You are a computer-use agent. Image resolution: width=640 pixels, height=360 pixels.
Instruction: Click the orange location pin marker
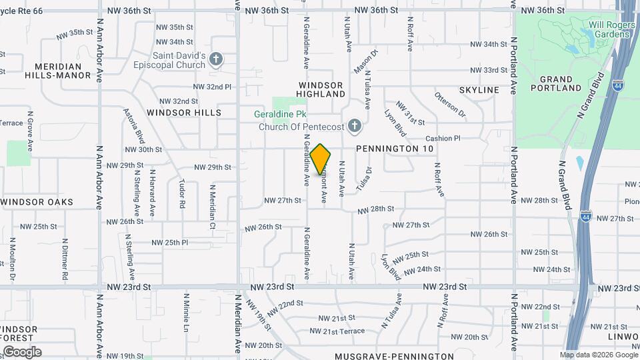[x=321, y=159]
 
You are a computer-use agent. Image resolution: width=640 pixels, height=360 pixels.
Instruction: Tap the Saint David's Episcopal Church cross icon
[x=215, y=60]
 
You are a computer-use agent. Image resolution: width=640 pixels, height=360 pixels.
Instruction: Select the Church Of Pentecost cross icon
[x=355, y=125]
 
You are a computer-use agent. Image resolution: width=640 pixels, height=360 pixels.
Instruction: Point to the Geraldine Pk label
[x=275, y=113]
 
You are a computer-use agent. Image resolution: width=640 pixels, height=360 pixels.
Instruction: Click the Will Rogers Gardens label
[x=609, y=29]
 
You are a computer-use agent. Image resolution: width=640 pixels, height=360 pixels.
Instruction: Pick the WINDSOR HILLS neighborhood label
[x=184, y=113]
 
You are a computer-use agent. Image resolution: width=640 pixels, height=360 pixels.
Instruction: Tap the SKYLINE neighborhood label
[x=479, y=90]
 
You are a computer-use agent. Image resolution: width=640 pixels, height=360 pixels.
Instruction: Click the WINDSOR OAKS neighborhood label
[x=37, y=202]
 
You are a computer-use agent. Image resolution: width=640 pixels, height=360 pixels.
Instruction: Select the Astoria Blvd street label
[x=133, y=126]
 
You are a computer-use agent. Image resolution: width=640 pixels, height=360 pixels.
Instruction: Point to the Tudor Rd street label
[x=181, y=193]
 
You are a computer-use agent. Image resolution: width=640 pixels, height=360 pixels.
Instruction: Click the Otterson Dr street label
[x=450, y=105]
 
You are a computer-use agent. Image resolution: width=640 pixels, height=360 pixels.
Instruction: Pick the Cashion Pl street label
[x=443, y=138]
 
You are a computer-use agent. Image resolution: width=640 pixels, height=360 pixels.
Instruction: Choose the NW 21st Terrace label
[x=337, y=331]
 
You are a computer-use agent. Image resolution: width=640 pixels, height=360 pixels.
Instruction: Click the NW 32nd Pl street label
[x=212, y=87]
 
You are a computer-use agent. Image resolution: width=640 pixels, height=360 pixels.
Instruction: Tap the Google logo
[x=21, y=352]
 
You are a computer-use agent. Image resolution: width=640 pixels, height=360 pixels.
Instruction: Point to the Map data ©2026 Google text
[x=597, y=355]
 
